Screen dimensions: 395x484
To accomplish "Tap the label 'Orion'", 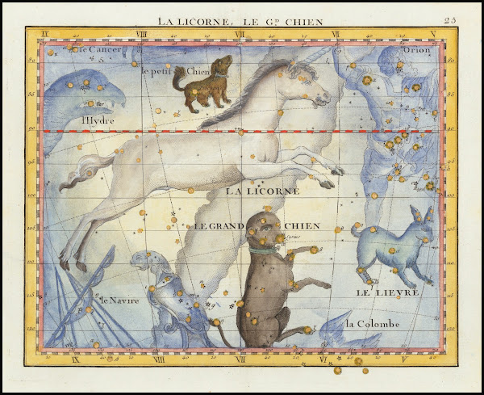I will pos(416,50).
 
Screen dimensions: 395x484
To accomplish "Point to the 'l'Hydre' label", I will pos(98,122).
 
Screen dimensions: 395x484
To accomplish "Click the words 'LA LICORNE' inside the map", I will pos(263,191).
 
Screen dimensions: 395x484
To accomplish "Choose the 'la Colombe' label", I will pos(372,324).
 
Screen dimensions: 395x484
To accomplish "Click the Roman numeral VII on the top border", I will pos(240,34).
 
